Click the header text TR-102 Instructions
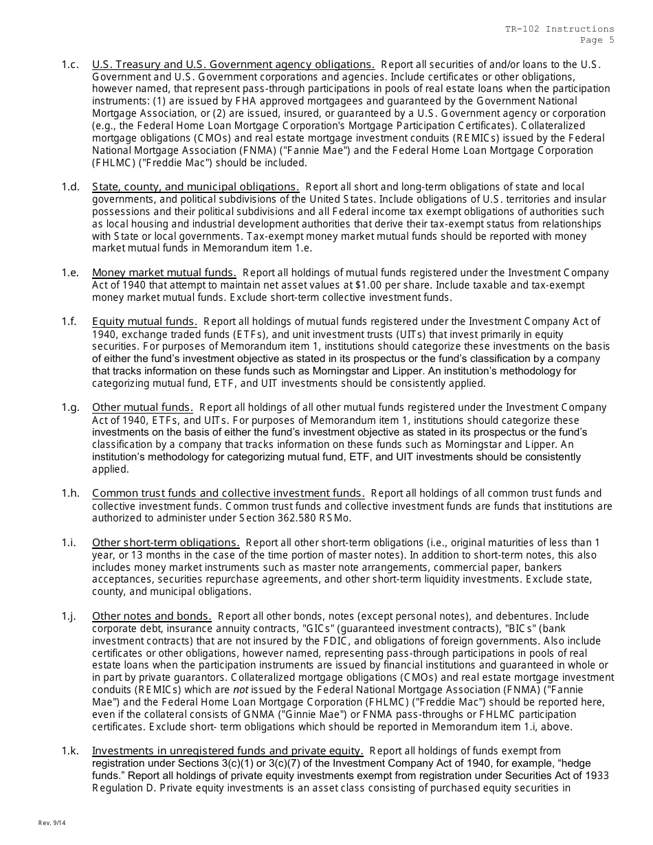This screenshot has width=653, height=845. pyautogui.click(x=560, y=29)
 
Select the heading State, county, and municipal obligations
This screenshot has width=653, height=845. pyautogui.click(x=195, y=187)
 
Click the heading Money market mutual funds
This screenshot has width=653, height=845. pyautogui.click(x=164, y=273)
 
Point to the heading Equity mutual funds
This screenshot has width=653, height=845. pyautogui.click(x=144, y=322)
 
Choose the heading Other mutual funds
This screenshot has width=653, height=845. pyautogui.click(x=142, y=407)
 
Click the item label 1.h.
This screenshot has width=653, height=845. pyautogui.click(x=70, y=493)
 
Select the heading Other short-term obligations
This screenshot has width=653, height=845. pyautogui.click(x=166, y=543)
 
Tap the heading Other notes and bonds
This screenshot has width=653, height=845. pyautogui.click(x=151, y=616)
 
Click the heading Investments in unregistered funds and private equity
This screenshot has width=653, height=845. pyautogui.click(x=228, y=751)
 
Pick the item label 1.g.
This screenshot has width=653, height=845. pyautogui.click(x=70, y=407)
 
